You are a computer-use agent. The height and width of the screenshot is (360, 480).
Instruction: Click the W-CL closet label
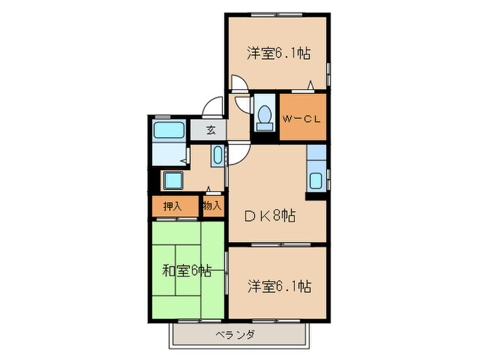[302, 119]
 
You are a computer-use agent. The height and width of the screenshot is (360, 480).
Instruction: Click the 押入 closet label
[172, 206]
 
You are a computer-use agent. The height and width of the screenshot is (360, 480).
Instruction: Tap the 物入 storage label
[213, 206]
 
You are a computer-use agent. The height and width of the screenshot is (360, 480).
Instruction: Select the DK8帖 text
[270, 216]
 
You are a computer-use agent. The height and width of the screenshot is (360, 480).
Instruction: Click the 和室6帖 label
[186, 270]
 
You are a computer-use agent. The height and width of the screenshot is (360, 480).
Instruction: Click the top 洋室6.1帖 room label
[278, 53]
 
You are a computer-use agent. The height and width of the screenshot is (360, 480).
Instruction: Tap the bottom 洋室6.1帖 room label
[278, 285]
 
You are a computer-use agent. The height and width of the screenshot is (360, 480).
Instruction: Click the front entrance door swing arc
[214, 107]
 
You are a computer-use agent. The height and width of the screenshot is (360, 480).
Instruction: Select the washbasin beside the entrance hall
[218, 155]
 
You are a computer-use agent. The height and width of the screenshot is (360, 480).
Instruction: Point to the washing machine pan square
[171, 181]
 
